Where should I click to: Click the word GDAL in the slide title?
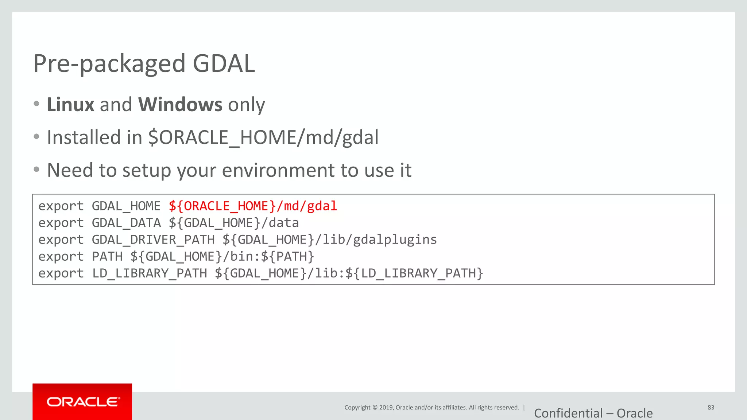[224, 63]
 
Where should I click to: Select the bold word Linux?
[70, 105]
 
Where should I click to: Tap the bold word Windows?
[180, 105]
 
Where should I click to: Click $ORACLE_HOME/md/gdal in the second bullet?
[263, 138]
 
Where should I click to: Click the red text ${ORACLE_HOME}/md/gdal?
[253, 206]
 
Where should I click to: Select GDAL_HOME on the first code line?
[126, 206]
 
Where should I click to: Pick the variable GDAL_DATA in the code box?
[126, 223]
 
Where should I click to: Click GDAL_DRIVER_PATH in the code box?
[153, 240]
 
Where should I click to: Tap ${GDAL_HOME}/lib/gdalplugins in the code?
[329, 240]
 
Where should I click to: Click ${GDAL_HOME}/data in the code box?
[233, 223]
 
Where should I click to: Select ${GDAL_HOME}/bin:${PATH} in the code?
[222, 256]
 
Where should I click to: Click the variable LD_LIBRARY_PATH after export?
[149, 273]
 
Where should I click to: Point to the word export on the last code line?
[61, 273]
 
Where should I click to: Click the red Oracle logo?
[82, 402]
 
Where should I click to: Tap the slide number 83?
[711, 408]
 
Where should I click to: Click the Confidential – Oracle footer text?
[593, 413]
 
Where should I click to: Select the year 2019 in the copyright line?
[386, 408]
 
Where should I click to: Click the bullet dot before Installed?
[36, 137]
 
